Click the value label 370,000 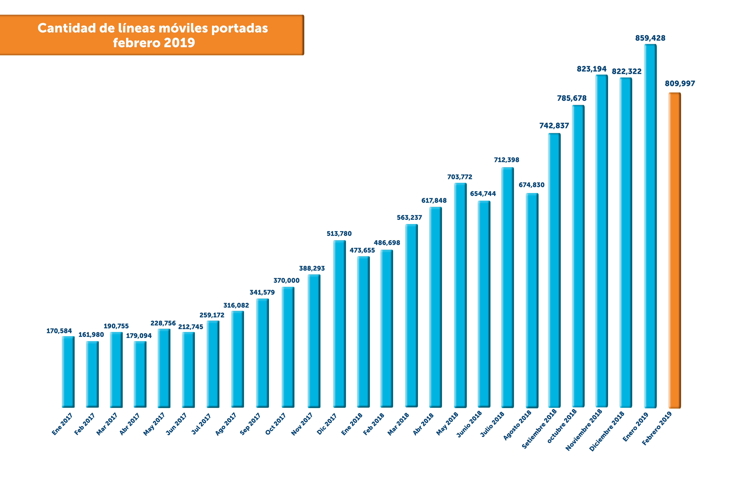pyautogui.click(x=286, y=280)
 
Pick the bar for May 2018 pyautogui.click(x=460, y=295)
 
